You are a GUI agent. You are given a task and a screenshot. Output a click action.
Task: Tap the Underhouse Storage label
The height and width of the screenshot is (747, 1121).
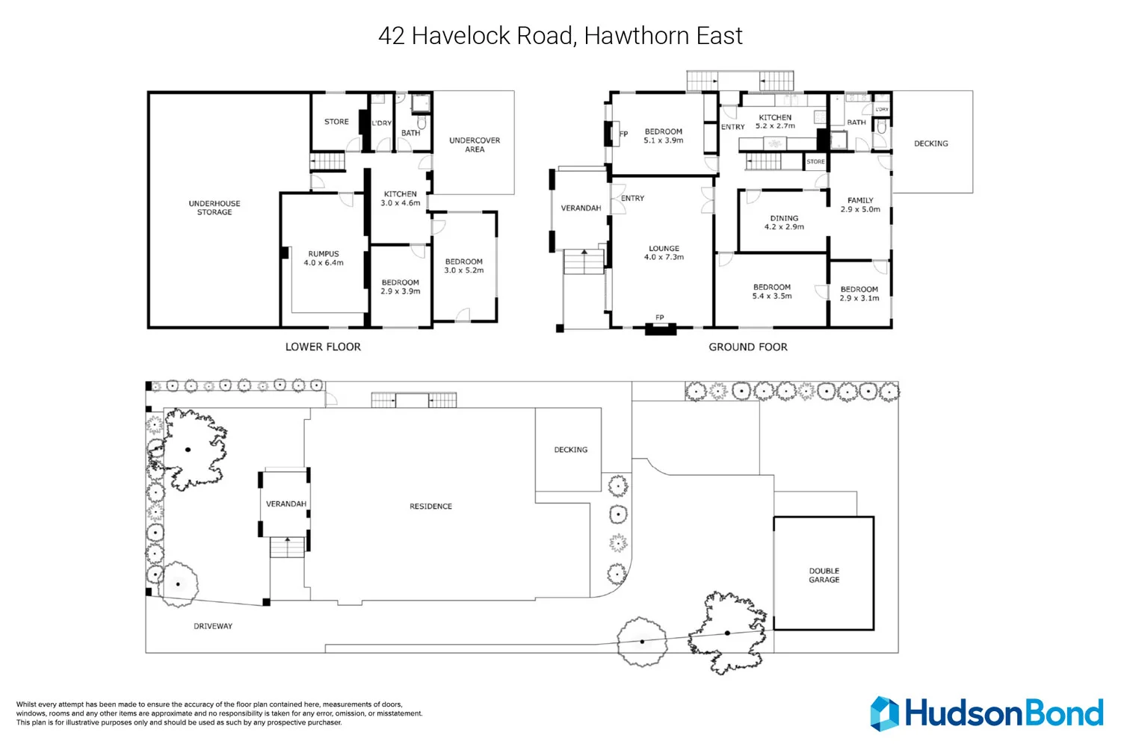pos(214,208)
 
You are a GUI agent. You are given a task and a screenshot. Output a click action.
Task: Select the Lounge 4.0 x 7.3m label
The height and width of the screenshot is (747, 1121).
pos(664,252)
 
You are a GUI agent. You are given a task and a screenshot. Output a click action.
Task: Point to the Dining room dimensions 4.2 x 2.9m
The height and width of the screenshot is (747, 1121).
pos(784,226)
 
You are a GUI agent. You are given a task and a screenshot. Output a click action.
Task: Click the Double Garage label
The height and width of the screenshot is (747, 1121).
pos(824,575)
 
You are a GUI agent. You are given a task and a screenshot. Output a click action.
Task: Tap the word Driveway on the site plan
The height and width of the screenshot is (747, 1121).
pos(213,626)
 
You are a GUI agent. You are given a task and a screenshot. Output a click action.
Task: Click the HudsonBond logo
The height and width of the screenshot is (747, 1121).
pos(986,713)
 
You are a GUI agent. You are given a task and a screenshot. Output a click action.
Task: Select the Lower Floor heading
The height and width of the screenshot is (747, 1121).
pos(323,347)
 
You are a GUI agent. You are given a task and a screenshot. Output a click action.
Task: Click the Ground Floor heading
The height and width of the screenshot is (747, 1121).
pos(747,347)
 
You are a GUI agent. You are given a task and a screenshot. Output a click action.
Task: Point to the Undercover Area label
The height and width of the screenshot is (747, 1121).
pos(475,145)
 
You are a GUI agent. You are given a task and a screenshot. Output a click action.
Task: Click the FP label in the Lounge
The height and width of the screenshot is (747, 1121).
pos(660,317)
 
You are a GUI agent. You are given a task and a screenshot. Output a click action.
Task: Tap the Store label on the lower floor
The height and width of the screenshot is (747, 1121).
pos(336,122)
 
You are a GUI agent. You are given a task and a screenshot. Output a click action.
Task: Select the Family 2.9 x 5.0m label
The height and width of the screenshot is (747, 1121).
pos(859,205)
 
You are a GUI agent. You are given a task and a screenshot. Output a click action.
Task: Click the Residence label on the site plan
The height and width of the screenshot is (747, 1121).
pos(430,506)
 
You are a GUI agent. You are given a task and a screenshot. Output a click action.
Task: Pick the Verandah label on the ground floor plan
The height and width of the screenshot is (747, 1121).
pos(581,208)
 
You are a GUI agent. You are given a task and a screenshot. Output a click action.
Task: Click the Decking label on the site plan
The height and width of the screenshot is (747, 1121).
pos(570,449)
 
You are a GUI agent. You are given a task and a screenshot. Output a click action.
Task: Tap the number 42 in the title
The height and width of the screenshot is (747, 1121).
pos(392,36)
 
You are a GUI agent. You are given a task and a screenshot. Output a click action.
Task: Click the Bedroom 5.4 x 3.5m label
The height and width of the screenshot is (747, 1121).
pos(772,291)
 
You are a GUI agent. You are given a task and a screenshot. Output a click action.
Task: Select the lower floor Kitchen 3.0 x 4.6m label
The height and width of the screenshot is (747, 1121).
pos(400,198)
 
